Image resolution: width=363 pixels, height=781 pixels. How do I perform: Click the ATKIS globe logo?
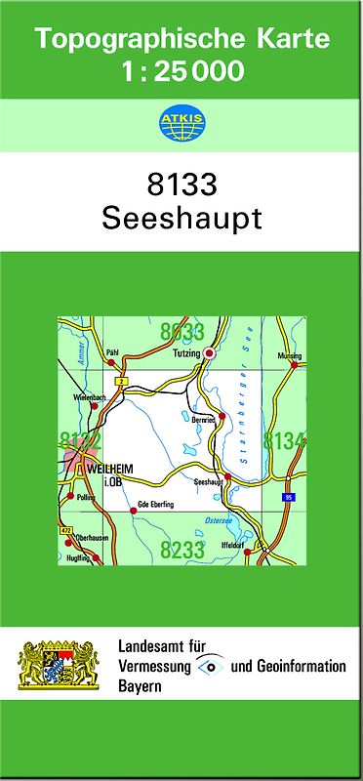pyautogui.click(x=181, y=124)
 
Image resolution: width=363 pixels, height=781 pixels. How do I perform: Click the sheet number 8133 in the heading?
pyautogui.click(x=181, y=184)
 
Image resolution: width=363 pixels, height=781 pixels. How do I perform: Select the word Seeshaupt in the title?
pyautogui.click(x=181, y=218)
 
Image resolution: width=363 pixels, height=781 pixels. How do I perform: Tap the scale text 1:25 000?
pyautogui.click(x=181, y=71)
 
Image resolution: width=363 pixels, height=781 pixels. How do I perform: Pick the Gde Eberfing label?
pyautogui.click(x=155, y=504)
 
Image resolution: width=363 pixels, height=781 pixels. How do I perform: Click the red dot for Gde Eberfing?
pyautogui.click(x=133, y=510)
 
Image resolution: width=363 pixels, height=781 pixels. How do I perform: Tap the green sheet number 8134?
pyautogui.click(x=285, y=441)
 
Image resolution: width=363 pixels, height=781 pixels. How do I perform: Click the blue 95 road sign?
pyautogui.click(x=289, y=498)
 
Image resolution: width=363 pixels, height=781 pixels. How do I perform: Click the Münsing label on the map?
pyautogui.click(x=290, y=356)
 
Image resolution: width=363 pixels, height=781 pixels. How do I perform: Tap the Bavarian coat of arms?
pyautogui.click(x=60, y=667)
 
